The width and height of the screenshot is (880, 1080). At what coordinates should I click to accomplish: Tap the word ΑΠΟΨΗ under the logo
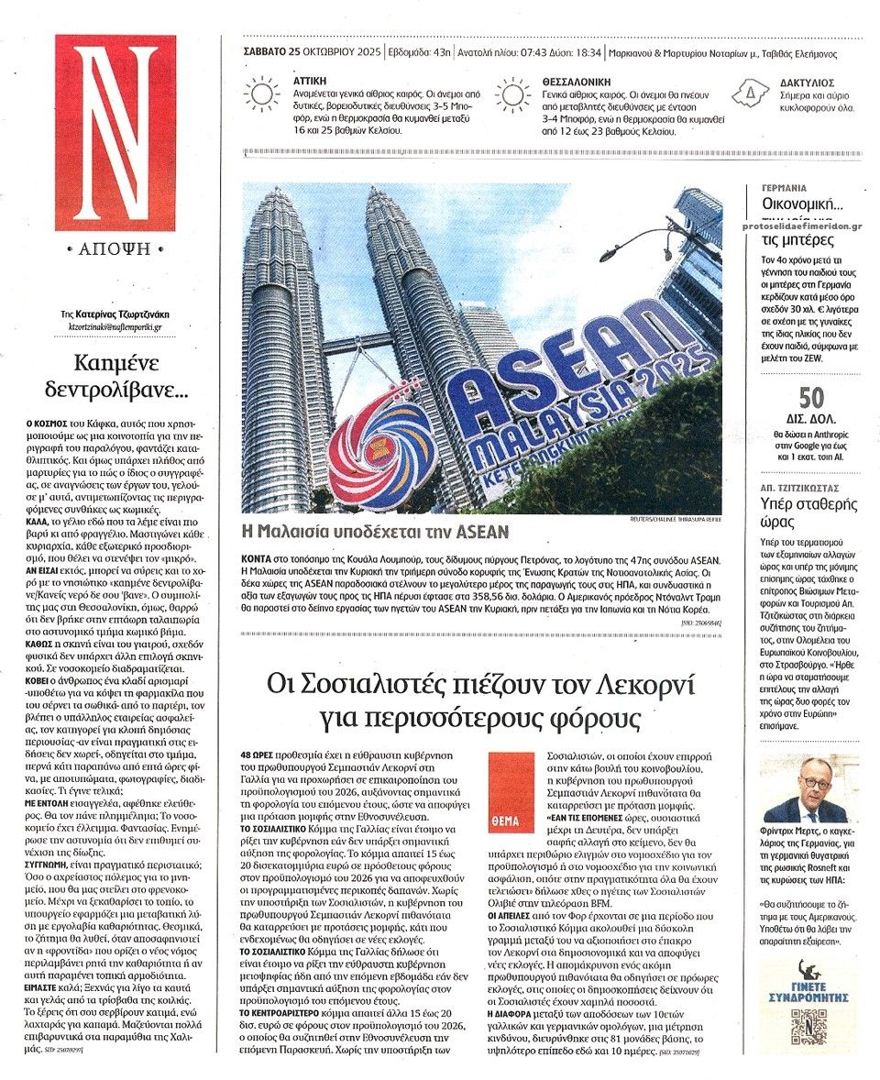tap(115, 249)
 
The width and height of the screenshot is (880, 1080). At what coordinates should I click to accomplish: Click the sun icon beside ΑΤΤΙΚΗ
tap(262, 94)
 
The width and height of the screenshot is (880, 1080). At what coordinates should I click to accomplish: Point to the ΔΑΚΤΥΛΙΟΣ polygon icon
tap(751, 93)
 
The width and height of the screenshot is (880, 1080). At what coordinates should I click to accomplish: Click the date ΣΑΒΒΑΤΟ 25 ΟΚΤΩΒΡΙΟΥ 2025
tap(313, 53)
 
